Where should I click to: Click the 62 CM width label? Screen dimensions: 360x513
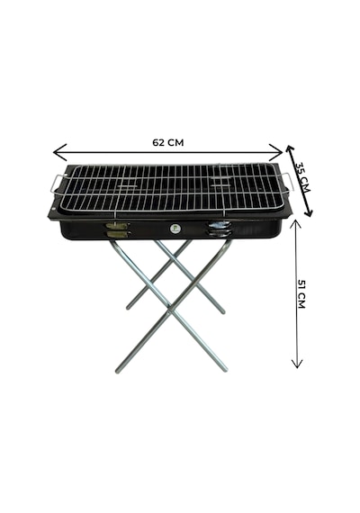168,142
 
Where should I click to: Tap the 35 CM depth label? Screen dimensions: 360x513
302,176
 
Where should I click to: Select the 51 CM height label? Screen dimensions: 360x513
301,293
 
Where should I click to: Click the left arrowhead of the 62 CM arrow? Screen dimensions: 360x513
59,152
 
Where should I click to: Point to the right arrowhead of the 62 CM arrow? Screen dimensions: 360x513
276,152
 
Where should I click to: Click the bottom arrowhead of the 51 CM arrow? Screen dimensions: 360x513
297,364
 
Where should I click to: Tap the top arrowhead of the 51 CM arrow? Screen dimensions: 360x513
296,224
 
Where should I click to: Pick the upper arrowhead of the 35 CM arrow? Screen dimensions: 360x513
290,150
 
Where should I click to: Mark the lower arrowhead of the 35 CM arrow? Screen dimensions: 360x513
308,211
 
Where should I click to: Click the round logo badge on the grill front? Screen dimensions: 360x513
174,229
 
